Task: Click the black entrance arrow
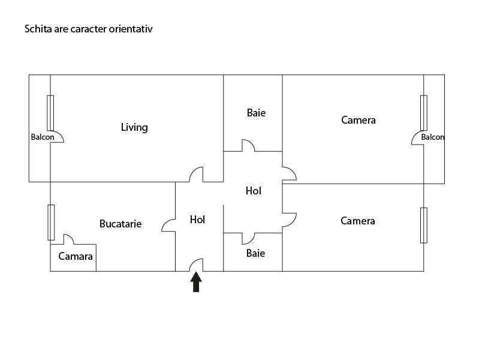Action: click(x=196, y=282)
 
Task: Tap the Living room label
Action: click(x=134, y=127)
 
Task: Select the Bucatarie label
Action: click(x=120, y=224)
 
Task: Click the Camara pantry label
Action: click(x=76, y=256)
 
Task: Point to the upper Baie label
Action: click(x=256, y=113)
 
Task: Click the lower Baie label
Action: click(x=255, y=253)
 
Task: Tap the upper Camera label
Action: click(x=358, y=120)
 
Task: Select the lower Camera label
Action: click(x=357, y=221)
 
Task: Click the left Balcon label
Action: click(x=43, y=137)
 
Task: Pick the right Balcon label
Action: click(x=433, y=137)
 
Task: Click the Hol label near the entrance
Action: click(x=197, y=220)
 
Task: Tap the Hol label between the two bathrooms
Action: click(x=254, y=191)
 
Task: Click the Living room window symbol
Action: click(x=50, y=113)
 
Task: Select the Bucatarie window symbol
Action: click(x=51, y=223)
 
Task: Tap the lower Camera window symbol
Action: click(x=424, y=225)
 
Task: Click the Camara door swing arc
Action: click(x=68, y=239)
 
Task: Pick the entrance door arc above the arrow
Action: click(x=196, y=265)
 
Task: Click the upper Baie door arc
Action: click(x=248, y=145)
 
